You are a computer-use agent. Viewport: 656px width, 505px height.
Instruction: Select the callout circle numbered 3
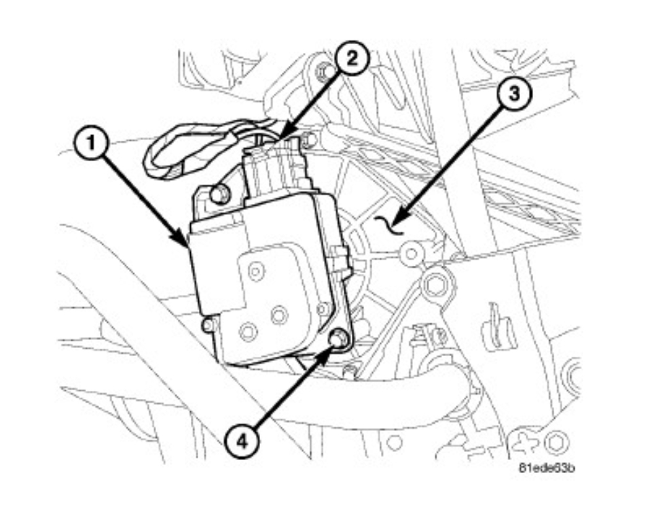[515, 94]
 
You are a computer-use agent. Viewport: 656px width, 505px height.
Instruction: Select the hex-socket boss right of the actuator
[433, 283]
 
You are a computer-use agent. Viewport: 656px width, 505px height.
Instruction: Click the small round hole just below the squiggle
[409, 254]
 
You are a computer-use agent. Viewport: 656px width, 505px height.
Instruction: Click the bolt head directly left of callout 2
[325, 71]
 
